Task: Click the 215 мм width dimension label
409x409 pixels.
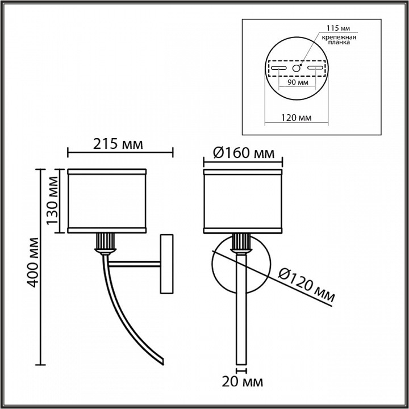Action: point(118,144)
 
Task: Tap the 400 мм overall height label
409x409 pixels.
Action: point(34,262)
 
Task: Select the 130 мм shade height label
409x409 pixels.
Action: point(52,201)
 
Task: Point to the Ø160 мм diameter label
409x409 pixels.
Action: point(244,153)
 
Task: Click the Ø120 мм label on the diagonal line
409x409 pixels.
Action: point(306,285)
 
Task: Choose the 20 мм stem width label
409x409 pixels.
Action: point(243,382)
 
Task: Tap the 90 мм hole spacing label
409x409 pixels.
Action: point(298,82)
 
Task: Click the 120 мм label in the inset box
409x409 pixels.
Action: point(296,118)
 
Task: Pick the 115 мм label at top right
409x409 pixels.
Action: point(339,28)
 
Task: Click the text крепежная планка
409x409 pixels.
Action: point(339,40)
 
